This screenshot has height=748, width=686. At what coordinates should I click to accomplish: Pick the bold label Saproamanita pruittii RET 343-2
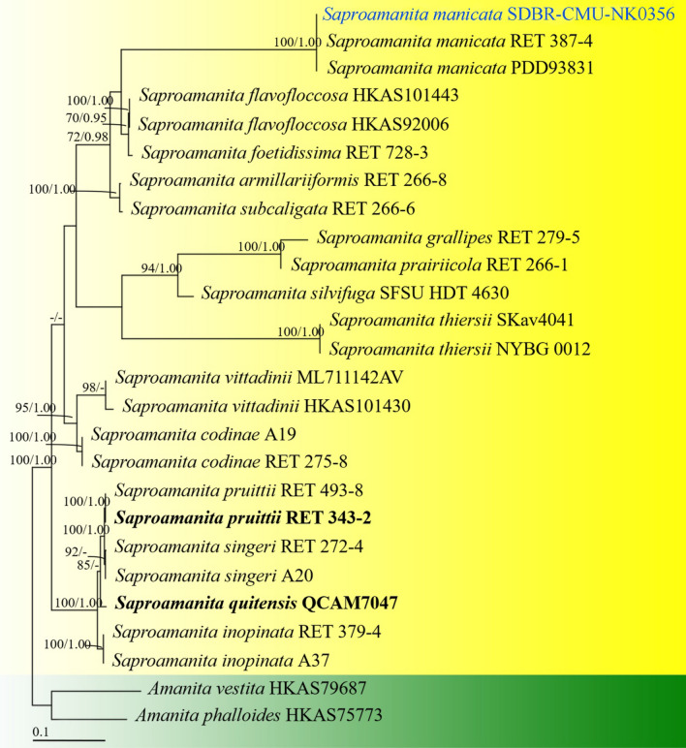click(x=242, y=518)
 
